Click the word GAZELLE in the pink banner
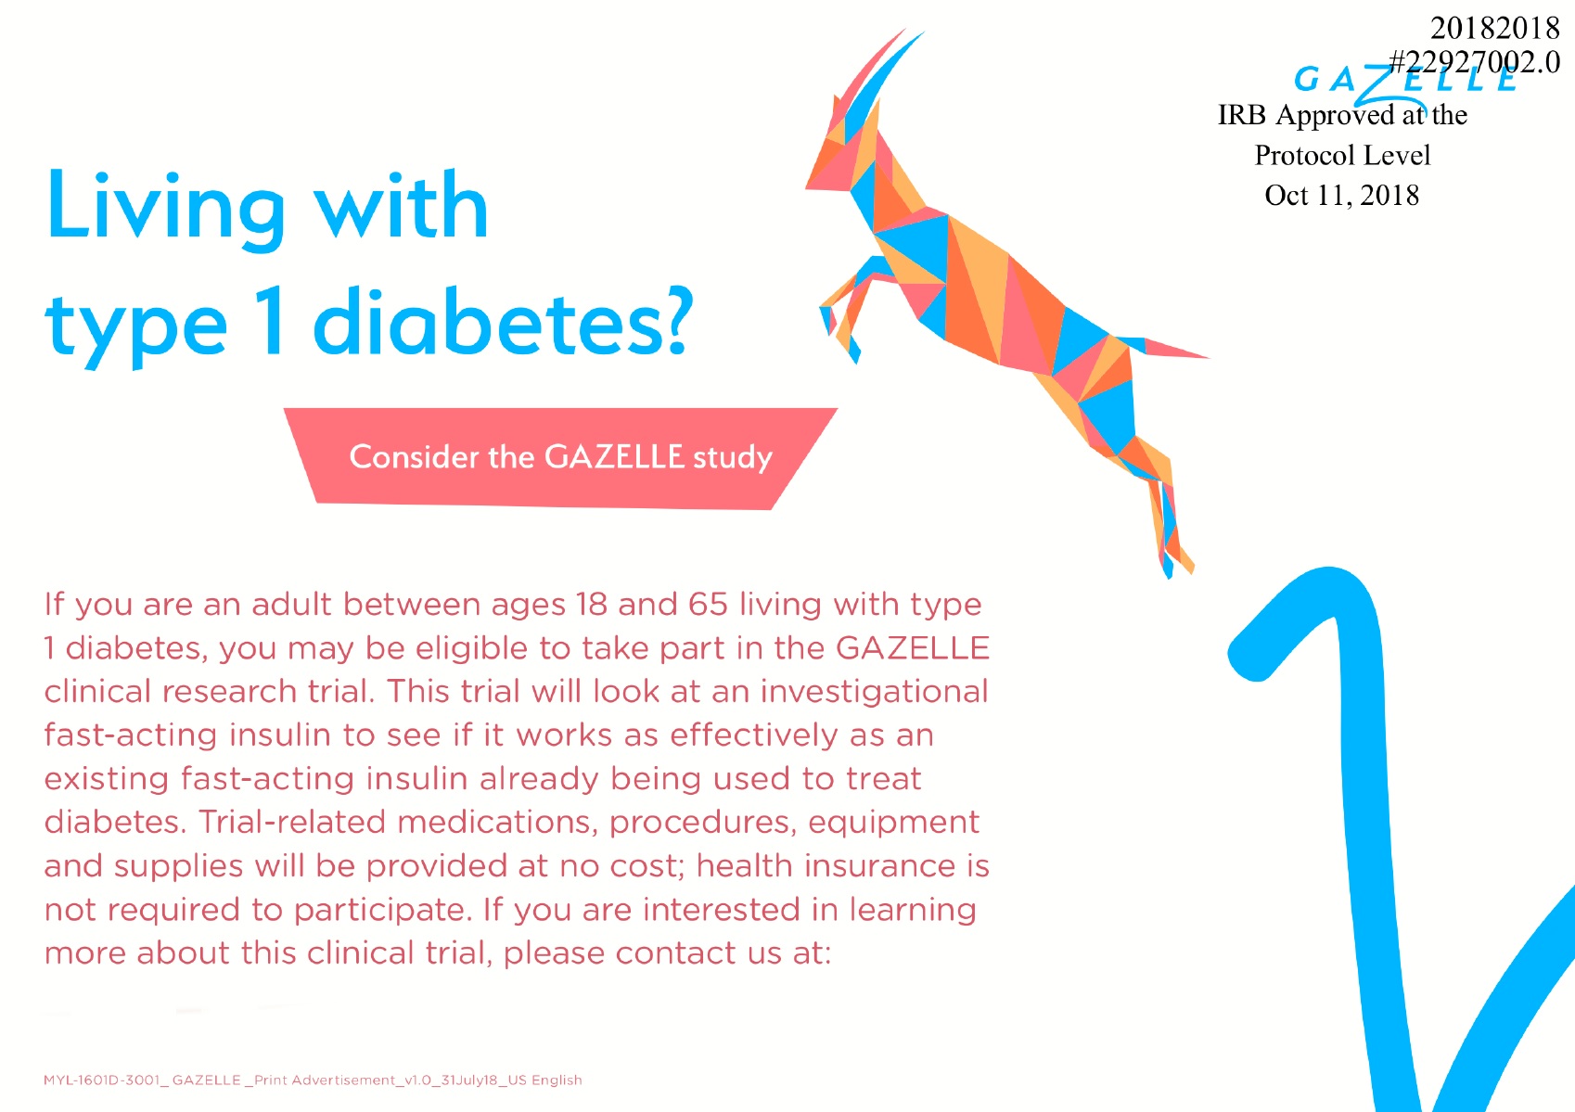point(614,457)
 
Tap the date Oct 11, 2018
point(1341,195)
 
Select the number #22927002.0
point(1475,62)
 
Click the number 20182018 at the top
point(1495,28)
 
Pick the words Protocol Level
point(1342,155)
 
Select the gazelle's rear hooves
point(1174,559)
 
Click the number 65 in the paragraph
point(708,605)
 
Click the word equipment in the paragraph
point(893,824)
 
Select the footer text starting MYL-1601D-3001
point(313,1080)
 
